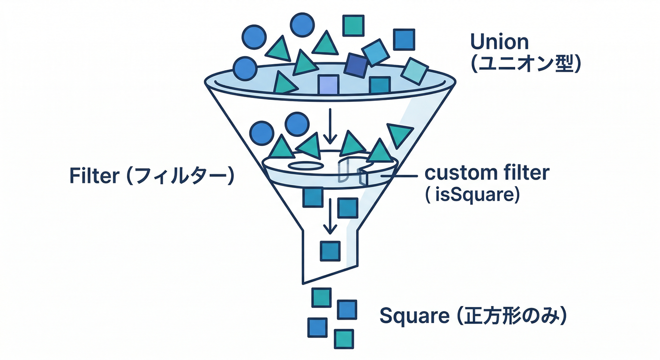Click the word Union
[499, 42]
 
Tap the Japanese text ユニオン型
[525, 64]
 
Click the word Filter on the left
[94, 176]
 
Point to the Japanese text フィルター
[180, 176]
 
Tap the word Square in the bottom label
[414, 316]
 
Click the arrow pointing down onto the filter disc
[330, 126]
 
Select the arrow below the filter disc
[330, 216]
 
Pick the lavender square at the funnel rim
[328, 85]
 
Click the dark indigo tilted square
[356, 66]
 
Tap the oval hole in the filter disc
[306, 165]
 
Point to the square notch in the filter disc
[352, 171]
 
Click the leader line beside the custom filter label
[399, 176]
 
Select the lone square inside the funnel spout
[330, 251]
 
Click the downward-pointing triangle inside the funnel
[400, 135]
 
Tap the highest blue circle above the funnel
[302, 25]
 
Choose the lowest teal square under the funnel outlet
[344, 339]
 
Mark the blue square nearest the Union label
[404, 39]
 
